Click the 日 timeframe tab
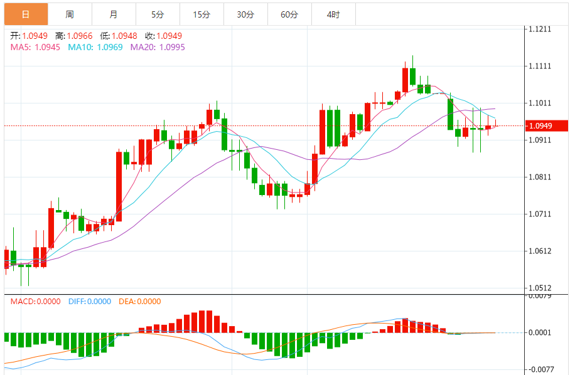click(25, 14)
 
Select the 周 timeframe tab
click(69, 14)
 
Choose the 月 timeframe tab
click(113, 14)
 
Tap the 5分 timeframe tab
click(157, 14)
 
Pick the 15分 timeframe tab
click(202, 14)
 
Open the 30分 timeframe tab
click(245, 14)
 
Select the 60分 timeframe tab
click(289, 14)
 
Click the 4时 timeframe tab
click(333, 14)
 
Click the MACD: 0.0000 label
click(35, 302)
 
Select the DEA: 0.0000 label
click(139, 302)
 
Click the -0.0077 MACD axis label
click(540, 370)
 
